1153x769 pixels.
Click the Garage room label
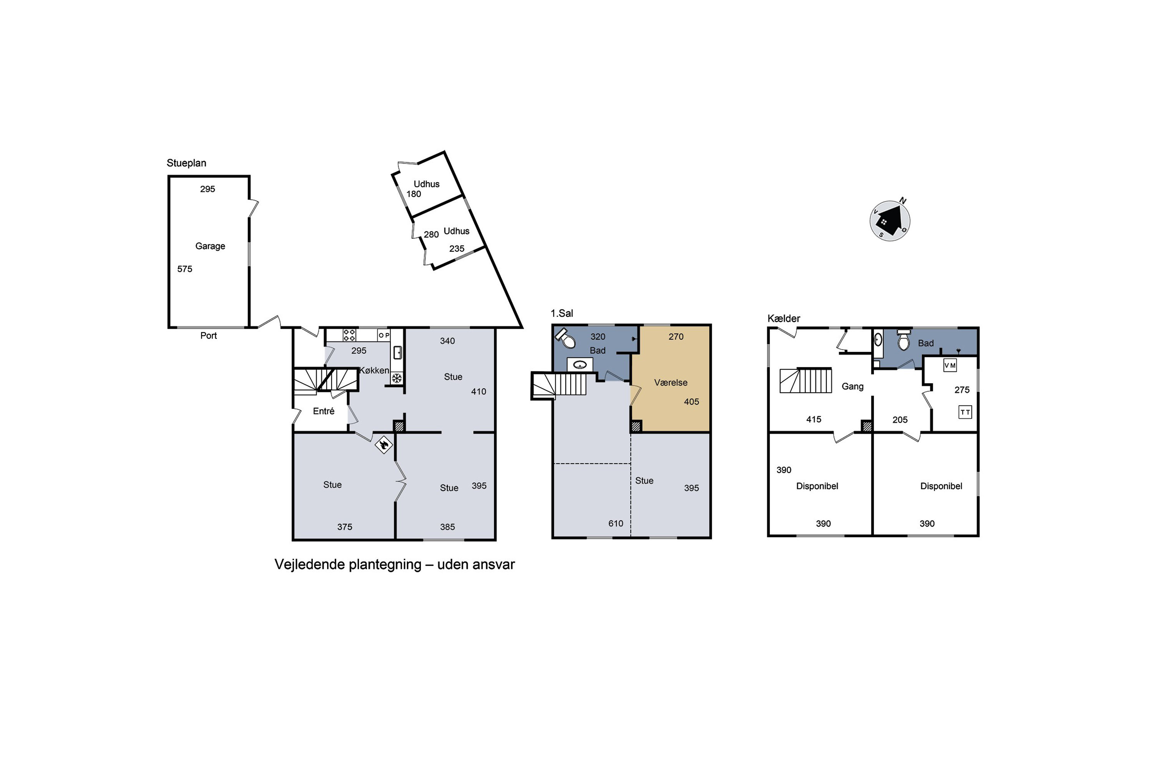click(210, 246)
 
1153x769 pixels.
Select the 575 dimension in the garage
click(185, 269)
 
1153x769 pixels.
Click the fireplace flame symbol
click(384, 445)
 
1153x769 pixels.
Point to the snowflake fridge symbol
click(397, 378)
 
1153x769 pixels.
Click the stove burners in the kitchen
click(349, 335)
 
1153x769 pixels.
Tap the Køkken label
click(374, 371)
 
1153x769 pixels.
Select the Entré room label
click(324, 411)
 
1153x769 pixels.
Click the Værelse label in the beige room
click(671, 383)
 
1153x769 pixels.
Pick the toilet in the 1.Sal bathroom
click(565, 338)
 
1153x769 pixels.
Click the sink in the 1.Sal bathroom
click(580, 365)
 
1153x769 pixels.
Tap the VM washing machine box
click(950, 365)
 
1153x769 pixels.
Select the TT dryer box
click(965, 412)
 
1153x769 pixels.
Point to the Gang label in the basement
click(852, 387)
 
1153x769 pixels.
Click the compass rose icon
click(890, 221)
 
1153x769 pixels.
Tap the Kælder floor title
click(784, 319)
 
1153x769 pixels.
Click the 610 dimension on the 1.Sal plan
click(616, 524)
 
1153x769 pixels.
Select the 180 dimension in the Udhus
click(414, 194)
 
